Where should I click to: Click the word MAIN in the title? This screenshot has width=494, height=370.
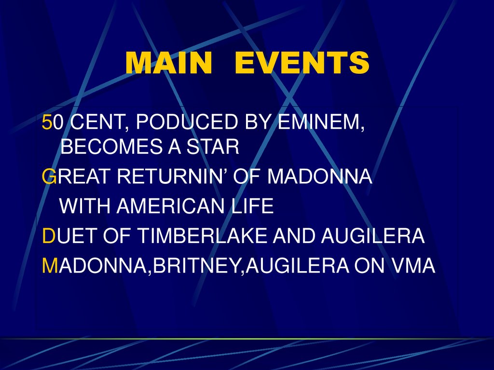pyautogui.click(x=168, y=63)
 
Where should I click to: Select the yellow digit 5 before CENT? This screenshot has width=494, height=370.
pyautogui.click(x=47, y=123)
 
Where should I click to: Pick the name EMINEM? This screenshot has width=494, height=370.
pyautogui.click(x=321, y=123)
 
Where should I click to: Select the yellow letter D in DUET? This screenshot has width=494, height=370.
pyautogui.click(x=49, y=236)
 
